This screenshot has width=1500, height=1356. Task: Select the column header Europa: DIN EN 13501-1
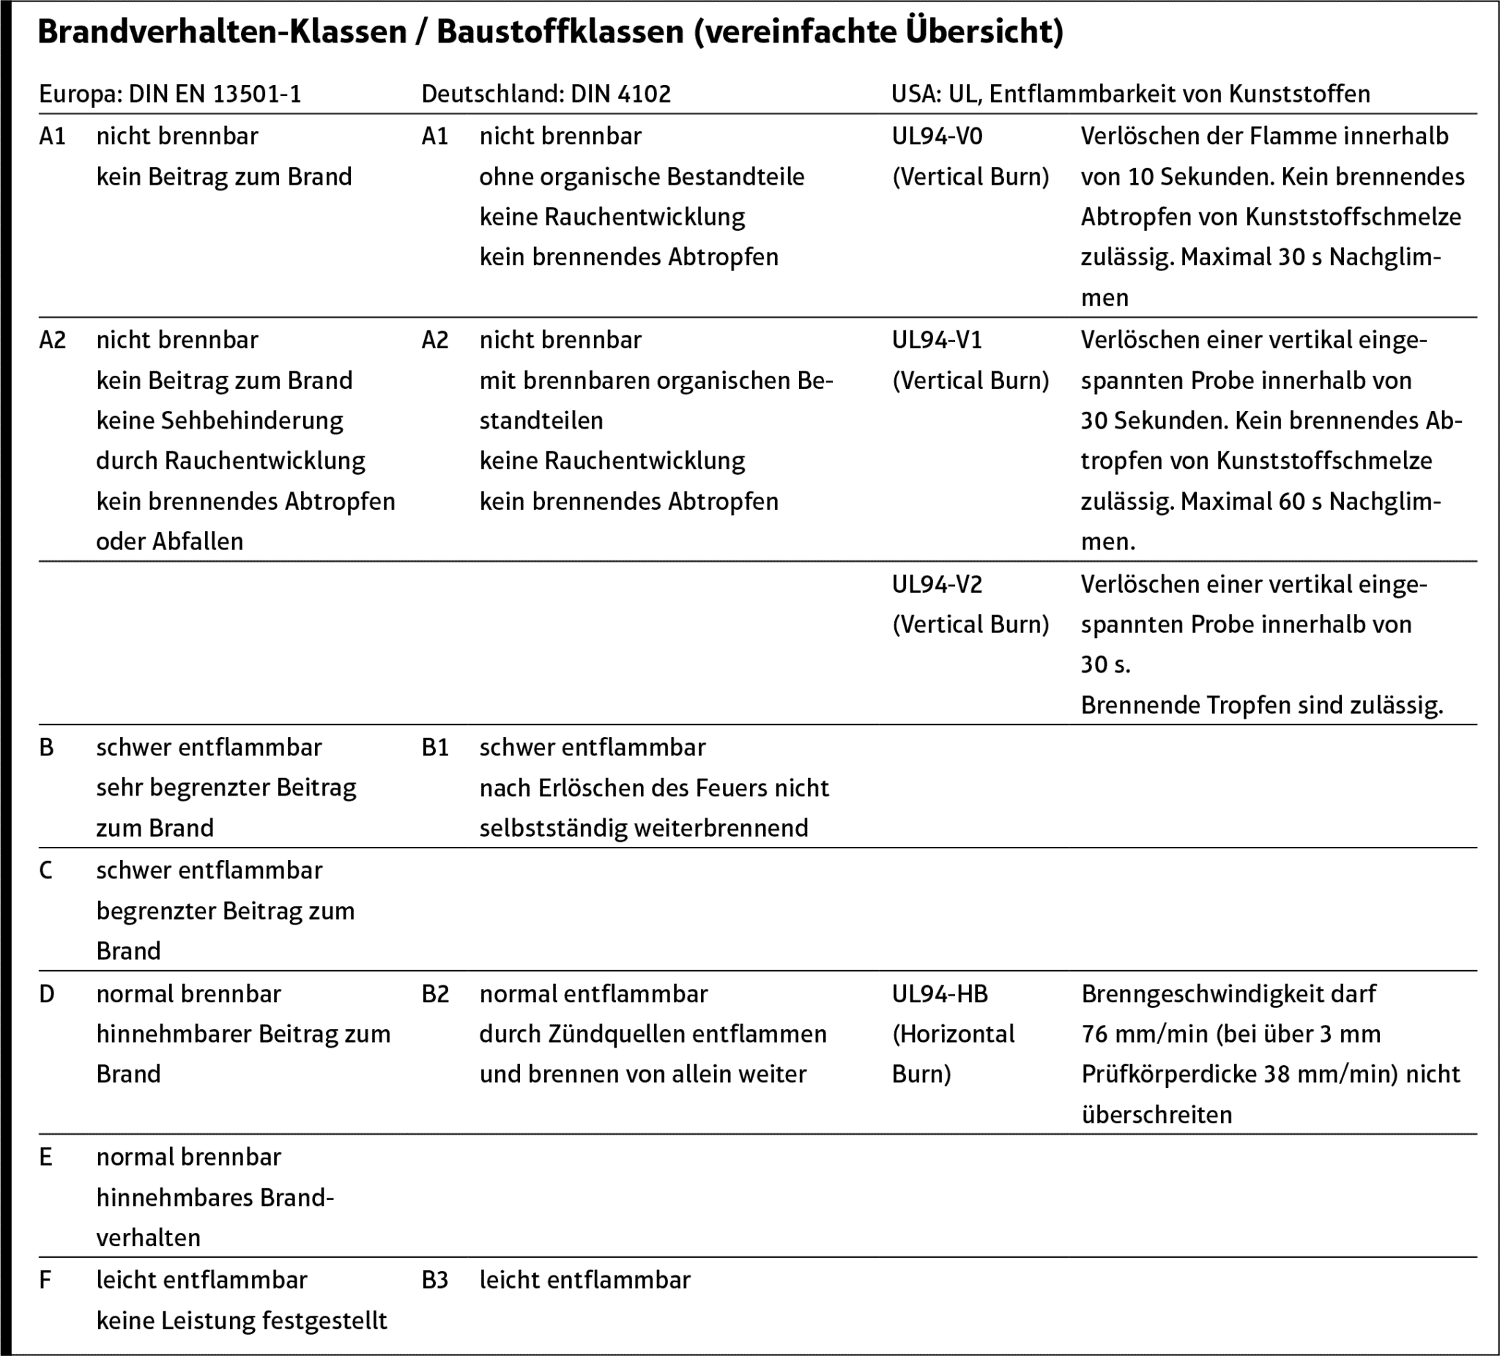[171, 94]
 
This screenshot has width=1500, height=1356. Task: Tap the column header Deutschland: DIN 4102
[546, 94]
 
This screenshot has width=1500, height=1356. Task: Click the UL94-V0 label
[937, 136]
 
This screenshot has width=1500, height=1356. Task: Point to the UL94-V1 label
[937, 340]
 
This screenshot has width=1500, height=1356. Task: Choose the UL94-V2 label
[937, 584]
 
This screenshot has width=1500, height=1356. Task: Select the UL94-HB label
[940, 993]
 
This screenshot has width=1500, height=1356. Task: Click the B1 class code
[435, 747]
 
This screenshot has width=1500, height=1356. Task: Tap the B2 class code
[435, 993]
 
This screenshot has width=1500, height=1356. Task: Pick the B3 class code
[435, 1280]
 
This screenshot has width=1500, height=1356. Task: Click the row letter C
[46, 870]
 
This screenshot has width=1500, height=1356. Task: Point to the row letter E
[46, 1157]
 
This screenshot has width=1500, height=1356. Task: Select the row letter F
[45, 1280]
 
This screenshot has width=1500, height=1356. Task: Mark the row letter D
[46, 993]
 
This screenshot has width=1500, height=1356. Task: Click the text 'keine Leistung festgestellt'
[242, 1321]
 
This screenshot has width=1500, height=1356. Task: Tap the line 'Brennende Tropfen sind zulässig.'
[1262, 705]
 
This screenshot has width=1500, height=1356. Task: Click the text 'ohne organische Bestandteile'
[642, 177]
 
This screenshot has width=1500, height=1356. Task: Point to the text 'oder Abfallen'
[170, 542]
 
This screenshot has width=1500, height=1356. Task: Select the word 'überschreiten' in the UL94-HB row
[1156, 1115]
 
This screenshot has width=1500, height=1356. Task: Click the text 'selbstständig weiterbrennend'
[644, 829]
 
